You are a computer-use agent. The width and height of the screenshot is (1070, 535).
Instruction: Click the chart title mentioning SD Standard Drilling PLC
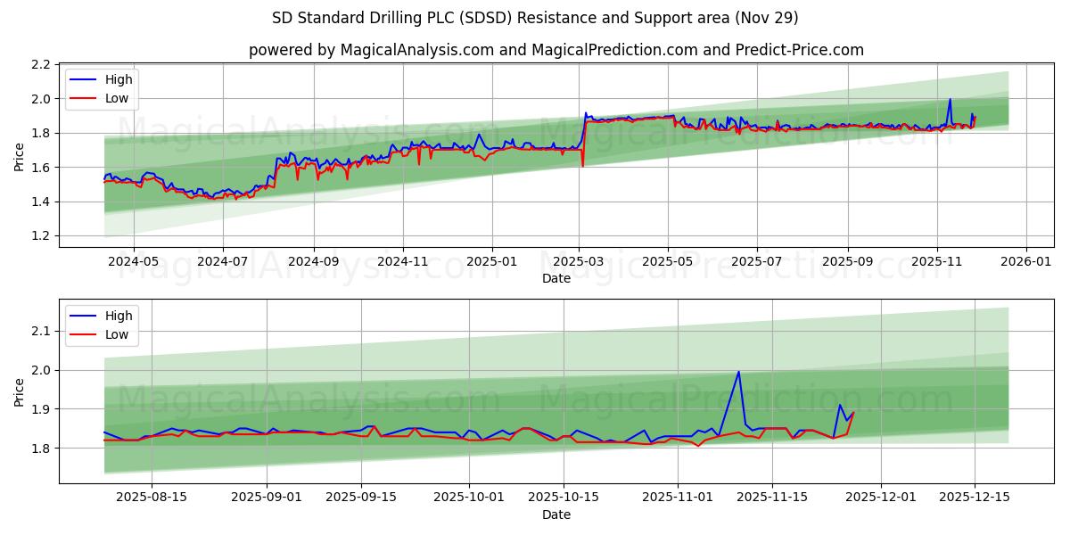coord(535,18)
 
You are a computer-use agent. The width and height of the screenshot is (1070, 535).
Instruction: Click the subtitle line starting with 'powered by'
coord(556,50)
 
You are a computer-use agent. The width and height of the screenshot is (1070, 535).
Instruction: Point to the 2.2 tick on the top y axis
coord(40,65)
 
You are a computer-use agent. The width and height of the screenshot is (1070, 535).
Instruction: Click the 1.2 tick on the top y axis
coord(40,236)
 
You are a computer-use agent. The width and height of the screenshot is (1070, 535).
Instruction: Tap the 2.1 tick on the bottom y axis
coord(40,332)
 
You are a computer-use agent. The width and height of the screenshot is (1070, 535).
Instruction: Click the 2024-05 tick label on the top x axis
coord(134,262)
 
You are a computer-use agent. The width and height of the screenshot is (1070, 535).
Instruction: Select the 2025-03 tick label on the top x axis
coord(579,262)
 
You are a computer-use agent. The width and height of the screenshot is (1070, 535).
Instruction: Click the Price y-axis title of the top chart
coord(20,156)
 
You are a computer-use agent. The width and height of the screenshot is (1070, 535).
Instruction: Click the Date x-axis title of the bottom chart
coord(556,514)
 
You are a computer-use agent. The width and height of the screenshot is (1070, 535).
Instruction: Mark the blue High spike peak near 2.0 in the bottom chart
coord(738,372)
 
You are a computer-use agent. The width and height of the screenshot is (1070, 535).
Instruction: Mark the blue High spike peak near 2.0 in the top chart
coord(950,99)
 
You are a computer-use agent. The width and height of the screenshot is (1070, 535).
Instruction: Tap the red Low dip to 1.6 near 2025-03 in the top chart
coord(582,166)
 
